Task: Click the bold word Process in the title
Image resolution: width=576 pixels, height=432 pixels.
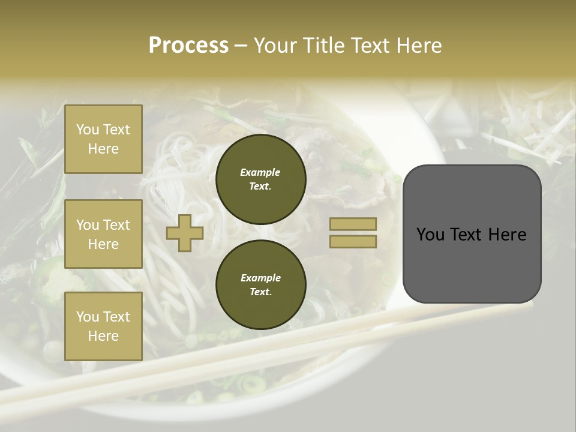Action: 188,46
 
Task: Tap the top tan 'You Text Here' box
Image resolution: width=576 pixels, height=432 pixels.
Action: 103,139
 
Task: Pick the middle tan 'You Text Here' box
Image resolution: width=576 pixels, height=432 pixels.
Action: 103,234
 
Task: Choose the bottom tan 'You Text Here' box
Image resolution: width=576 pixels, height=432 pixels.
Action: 103,326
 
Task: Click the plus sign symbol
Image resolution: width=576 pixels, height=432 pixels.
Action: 184,233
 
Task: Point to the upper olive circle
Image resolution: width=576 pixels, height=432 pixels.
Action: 260,179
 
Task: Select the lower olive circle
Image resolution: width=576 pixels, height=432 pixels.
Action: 260,284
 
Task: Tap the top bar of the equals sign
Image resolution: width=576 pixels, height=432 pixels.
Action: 353,224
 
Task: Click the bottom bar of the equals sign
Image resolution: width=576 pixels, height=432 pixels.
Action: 353,241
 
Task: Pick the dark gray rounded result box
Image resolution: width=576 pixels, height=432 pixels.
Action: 472,233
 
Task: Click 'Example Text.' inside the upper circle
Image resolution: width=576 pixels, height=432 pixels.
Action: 260,179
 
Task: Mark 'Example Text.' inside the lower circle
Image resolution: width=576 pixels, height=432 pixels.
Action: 260,284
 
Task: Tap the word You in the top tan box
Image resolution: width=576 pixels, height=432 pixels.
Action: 88,130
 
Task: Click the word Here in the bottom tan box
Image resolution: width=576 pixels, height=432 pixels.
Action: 103,336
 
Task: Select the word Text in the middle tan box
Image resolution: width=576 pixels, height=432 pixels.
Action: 116,225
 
